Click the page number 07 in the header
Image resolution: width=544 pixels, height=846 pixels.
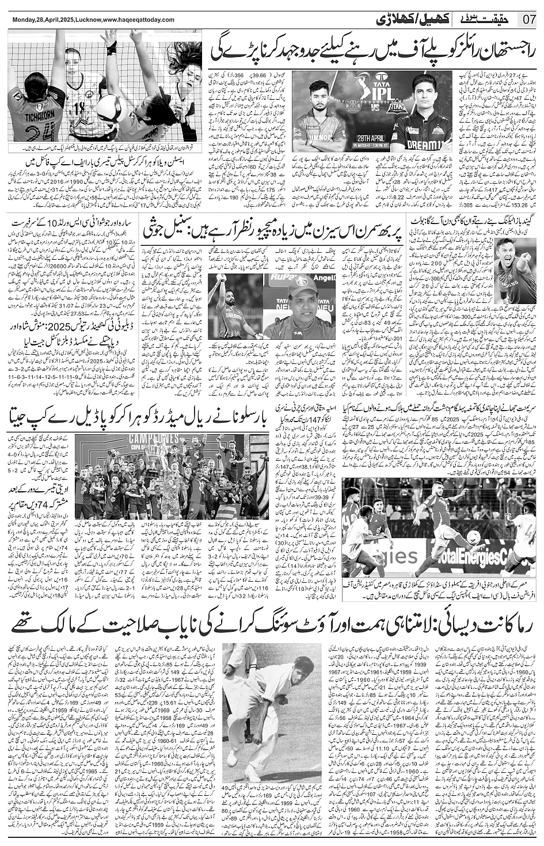coord(530,18)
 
